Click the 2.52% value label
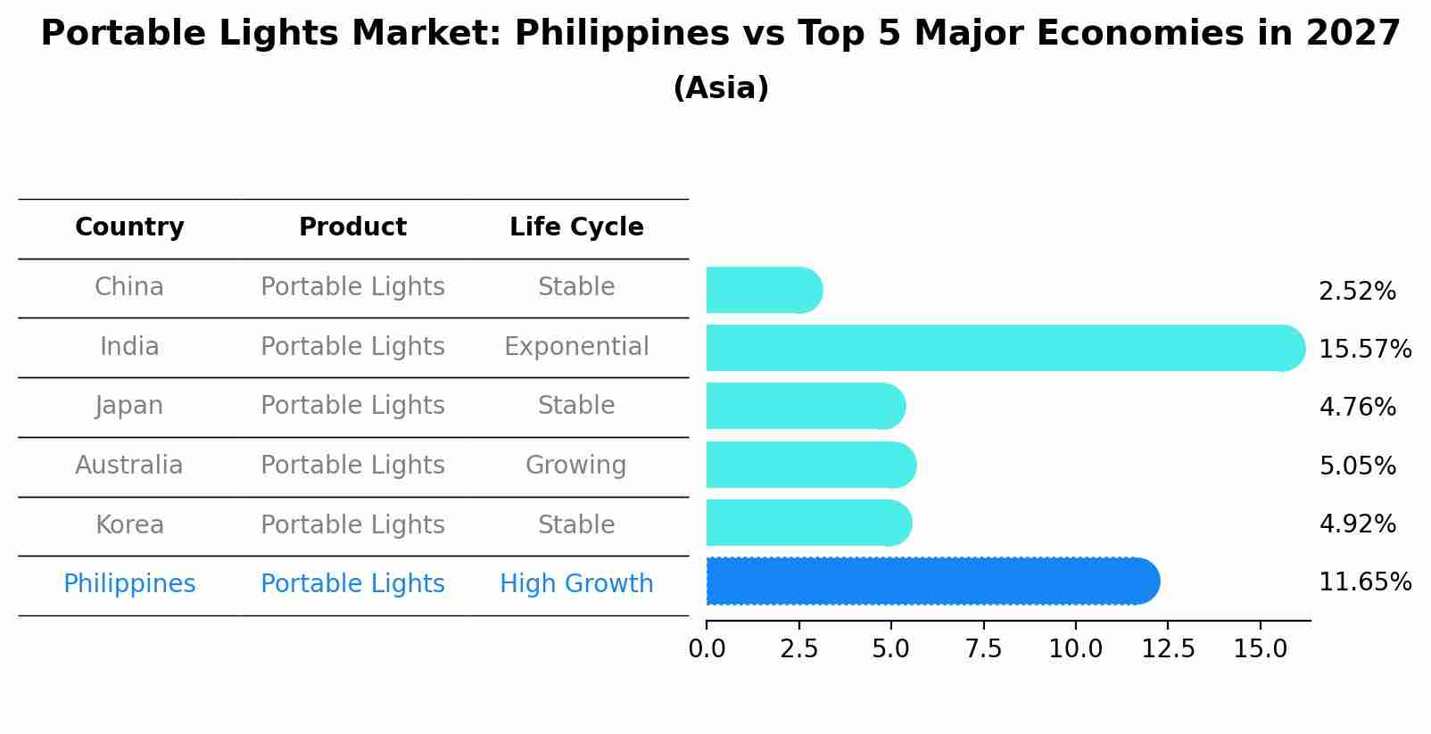coord(1357,292)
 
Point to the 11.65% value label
coord(1364,582)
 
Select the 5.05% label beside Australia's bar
coord(1357,466)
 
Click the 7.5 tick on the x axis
coord(983,649)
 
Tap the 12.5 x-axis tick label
coord(1168,649)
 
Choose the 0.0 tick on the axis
coord(707,649)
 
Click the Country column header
coord(129,227)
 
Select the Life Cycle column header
coord(576,227)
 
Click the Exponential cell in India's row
coord(576,347)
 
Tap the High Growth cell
coord(576,584)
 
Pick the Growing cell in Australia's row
coord(576,466)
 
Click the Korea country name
coord(129,525)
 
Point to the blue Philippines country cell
coord(129,584)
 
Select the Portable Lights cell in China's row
coord(352,287)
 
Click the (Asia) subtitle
coord(721,88)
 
